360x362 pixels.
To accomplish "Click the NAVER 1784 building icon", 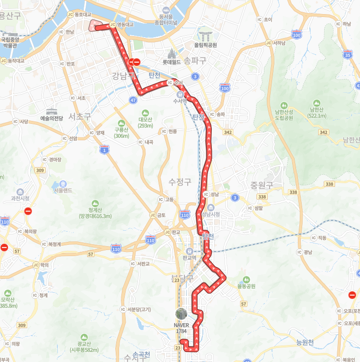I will [181, 314].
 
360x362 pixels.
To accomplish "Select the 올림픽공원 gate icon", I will [206, 34].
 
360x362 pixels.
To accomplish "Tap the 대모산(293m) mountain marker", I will [145, 113].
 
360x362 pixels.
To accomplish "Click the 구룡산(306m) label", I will [121, 133].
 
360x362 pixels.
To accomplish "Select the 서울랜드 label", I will [63, 190].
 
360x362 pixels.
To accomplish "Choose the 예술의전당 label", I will [51, 118].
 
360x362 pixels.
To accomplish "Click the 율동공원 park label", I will [246, 286].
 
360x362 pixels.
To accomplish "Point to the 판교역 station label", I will [189, 258].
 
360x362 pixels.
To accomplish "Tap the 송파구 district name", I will [195, 61].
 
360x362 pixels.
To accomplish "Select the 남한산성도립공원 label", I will [284, 115].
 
